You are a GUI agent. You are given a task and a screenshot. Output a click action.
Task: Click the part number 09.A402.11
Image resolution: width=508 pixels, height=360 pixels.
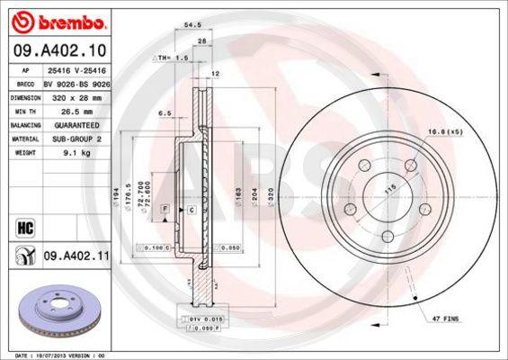[76, 256]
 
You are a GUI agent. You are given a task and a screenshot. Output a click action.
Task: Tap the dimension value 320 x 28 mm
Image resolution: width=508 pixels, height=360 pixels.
[76, 94]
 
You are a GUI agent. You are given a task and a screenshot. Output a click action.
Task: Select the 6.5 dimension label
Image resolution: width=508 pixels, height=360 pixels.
[165, 114]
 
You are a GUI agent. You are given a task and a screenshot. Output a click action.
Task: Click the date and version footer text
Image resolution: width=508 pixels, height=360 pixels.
[67, 355]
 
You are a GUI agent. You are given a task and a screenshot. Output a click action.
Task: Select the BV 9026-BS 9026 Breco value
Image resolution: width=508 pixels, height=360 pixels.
[76, 80]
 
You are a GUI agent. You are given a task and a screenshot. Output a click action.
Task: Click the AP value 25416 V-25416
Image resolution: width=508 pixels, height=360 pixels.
[76, 67]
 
